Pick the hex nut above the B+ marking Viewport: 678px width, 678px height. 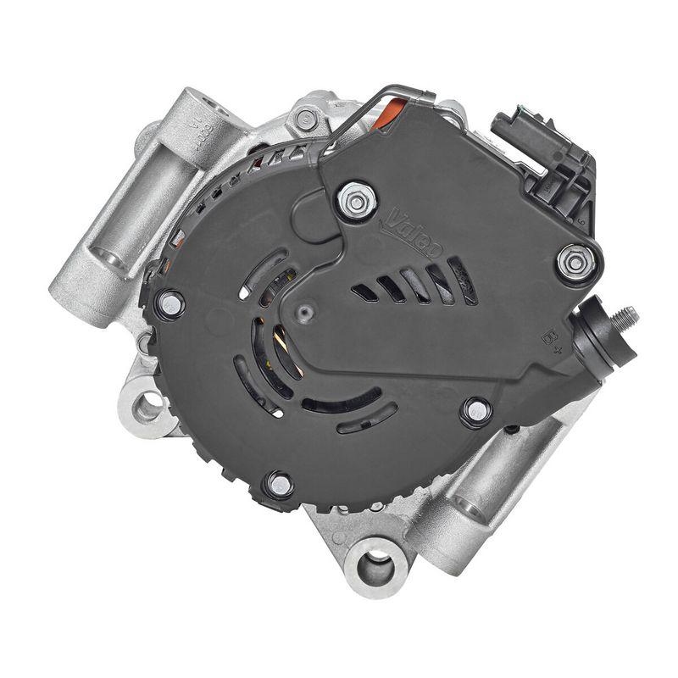pyautogui.click(x=575, y=262)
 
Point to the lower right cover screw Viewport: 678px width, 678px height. pyautogui.click(x=477, y=412)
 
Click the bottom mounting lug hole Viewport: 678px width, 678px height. pyautogui.click(x=374, y=565)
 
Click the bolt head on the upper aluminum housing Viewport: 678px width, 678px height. pyautogui.click(x=306, y=119)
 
